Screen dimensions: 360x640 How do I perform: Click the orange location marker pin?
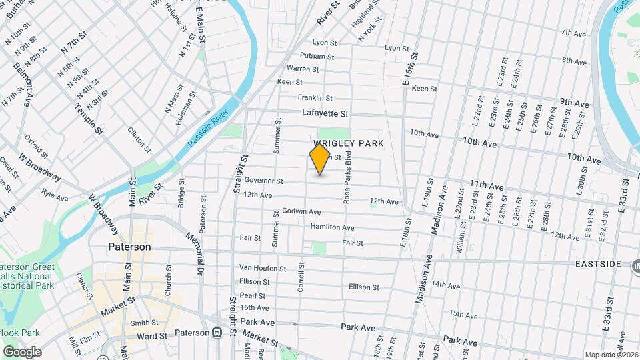point(320,159)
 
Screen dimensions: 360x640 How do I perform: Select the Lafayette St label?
point(325,114)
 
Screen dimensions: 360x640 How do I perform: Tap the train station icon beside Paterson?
point(217,333)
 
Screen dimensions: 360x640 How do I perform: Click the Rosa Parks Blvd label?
point(347,177)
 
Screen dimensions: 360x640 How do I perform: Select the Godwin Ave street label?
point(301,211)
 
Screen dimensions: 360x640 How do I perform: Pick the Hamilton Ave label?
point(332,227)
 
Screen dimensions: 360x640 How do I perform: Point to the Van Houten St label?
point(262,268)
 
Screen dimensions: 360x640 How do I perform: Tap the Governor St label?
point(264,181)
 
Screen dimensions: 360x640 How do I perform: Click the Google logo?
point(22,352)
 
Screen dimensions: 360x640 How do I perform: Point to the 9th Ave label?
point(574,103)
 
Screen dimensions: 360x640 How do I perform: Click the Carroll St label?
point(301,277)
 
